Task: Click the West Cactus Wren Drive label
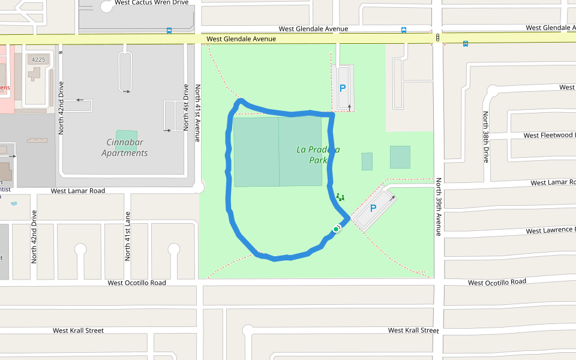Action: point(151,2)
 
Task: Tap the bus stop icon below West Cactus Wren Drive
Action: point(169,30)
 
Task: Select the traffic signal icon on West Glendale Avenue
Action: point(438,38)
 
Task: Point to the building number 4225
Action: point(38,59)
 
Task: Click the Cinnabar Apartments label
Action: point(125,148)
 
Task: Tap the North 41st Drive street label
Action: point(186,107)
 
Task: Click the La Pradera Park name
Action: point(318,155)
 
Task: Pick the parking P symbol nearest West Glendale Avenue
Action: point(343,88)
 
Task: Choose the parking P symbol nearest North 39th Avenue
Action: point(373,208)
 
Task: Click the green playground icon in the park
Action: point(340,197)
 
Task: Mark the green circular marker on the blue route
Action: point(336,229)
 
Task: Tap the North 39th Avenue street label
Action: point(439,206)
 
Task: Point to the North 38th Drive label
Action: point(486,137)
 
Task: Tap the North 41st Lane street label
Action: point(127,236)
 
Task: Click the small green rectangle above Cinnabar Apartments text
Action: point(126,135)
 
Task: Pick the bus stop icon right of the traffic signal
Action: point(466,43)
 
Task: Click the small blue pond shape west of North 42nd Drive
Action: point(14,203)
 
